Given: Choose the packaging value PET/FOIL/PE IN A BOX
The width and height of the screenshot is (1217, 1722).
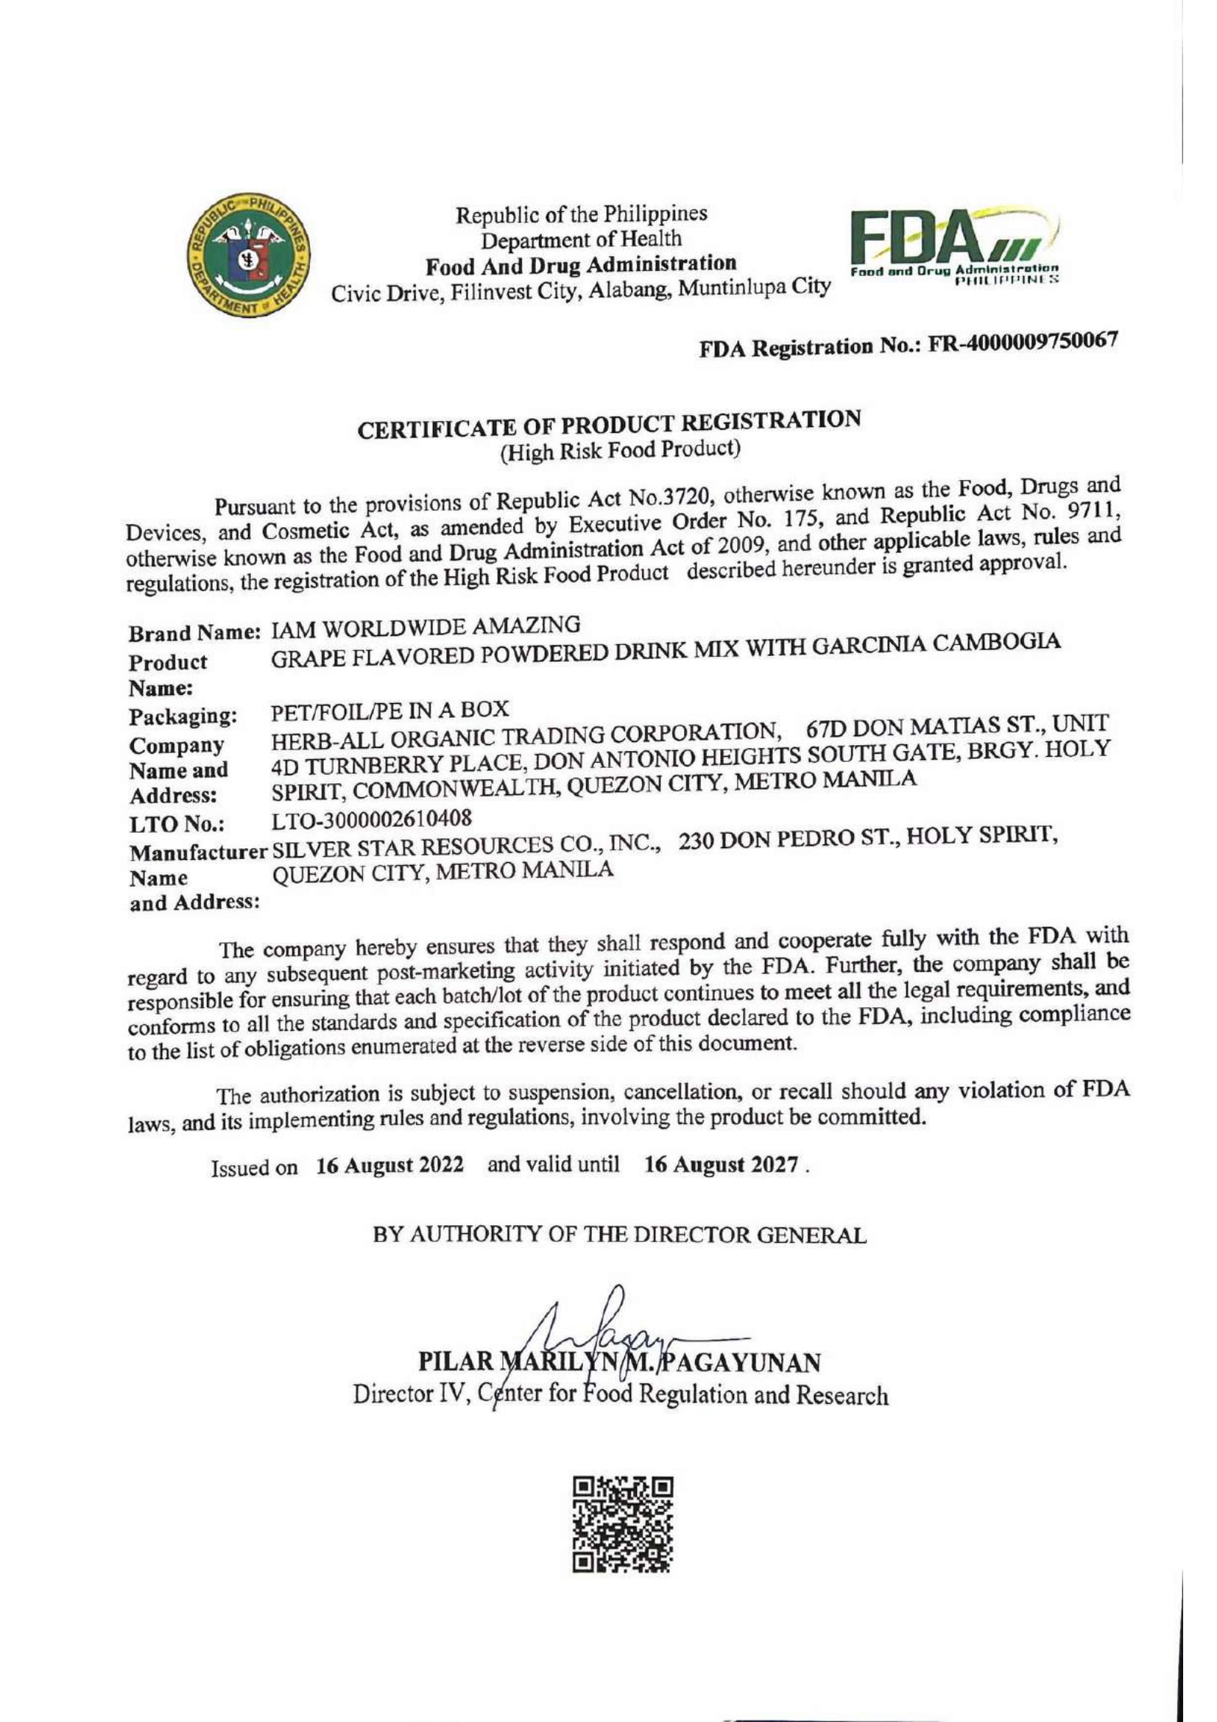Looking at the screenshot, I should tap(390, 709).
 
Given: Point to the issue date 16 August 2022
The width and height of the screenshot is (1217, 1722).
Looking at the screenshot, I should tap(389, 1166).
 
